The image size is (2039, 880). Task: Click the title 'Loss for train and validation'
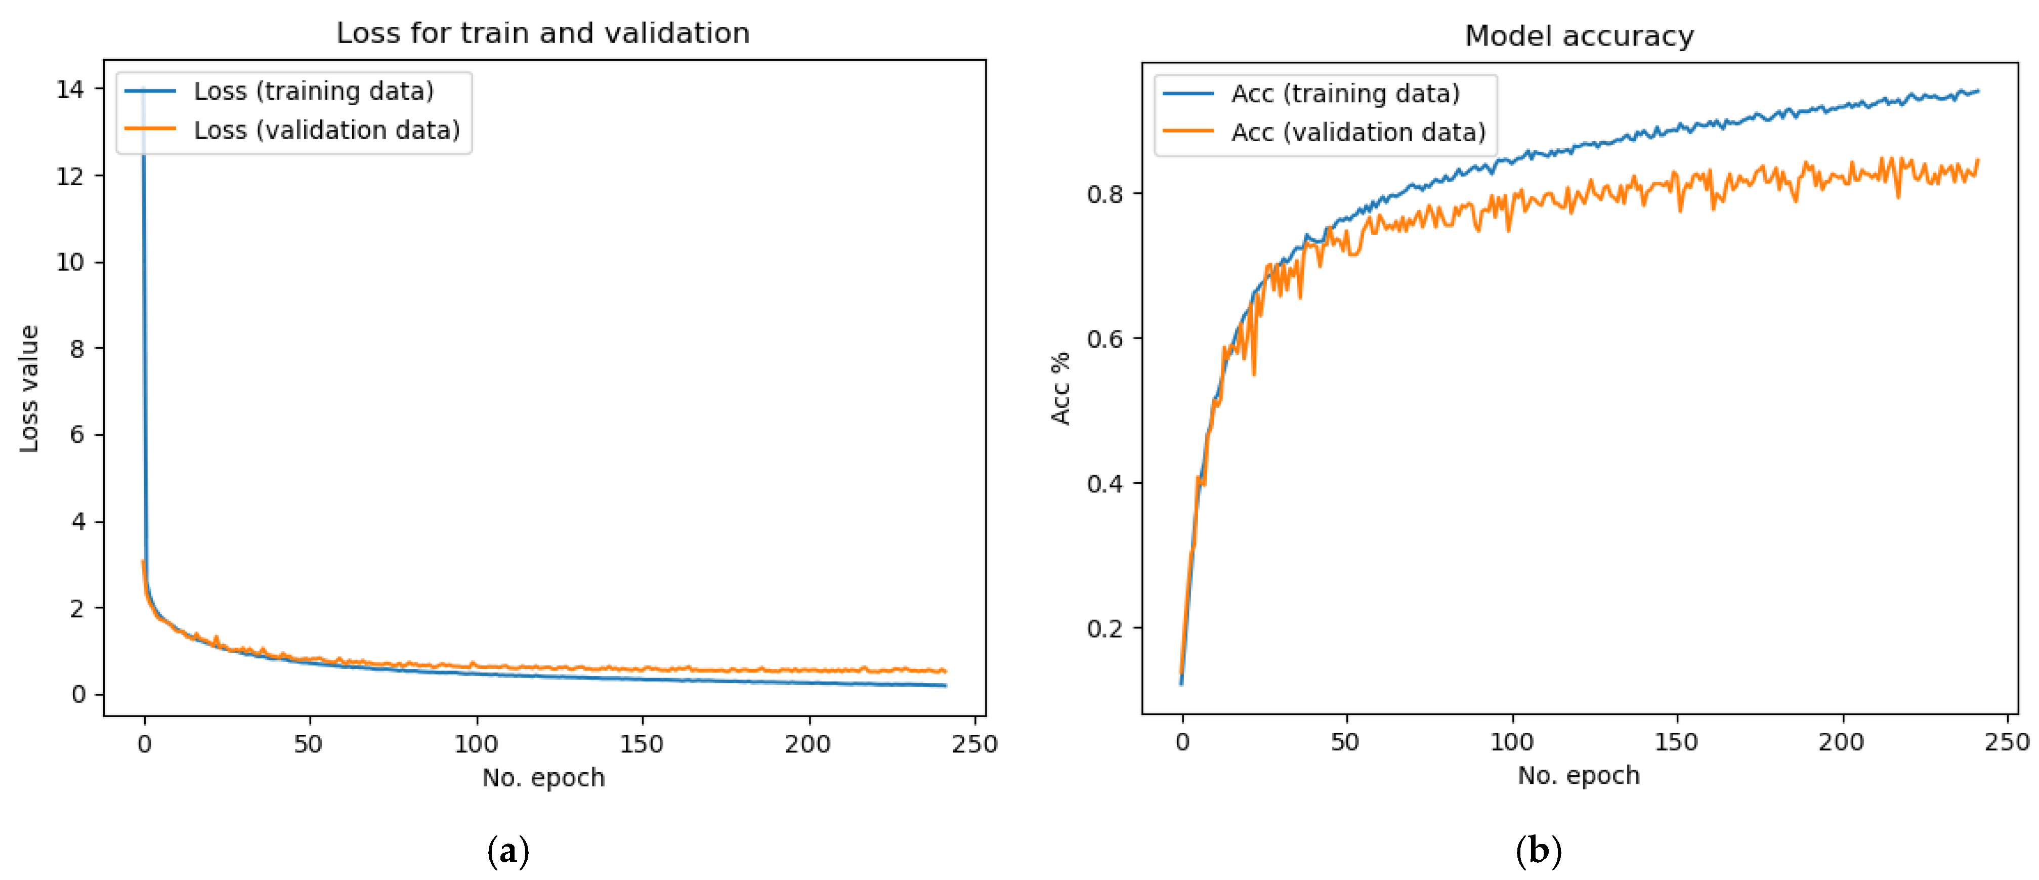coord(543,33)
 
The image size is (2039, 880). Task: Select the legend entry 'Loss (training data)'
coord(314,91)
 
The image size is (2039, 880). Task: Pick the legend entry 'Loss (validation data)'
coord(326,130)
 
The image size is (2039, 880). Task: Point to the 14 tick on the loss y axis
coord(70,90)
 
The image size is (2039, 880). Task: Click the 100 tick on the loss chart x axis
coord(476,744)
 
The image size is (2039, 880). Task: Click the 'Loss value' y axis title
coord(29,389)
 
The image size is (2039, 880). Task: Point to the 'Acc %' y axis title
coord(1060,389)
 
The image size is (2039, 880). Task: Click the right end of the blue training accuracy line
coord(1977,91)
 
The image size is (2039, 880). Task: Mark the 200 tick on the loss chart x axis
coord(808,744)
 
